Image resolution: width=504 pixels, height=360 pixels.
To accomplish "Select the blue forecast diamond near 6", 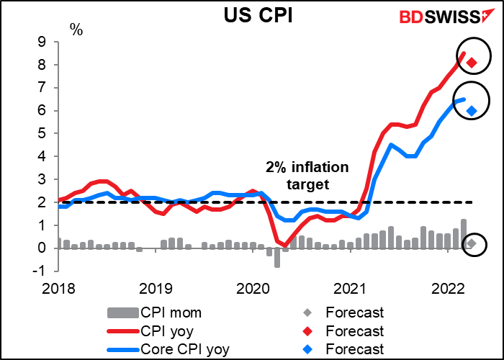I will (x=471, y=110).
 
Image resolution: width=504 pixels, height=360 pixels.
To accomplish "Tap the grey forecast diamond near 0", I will (x=471, y=244).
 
